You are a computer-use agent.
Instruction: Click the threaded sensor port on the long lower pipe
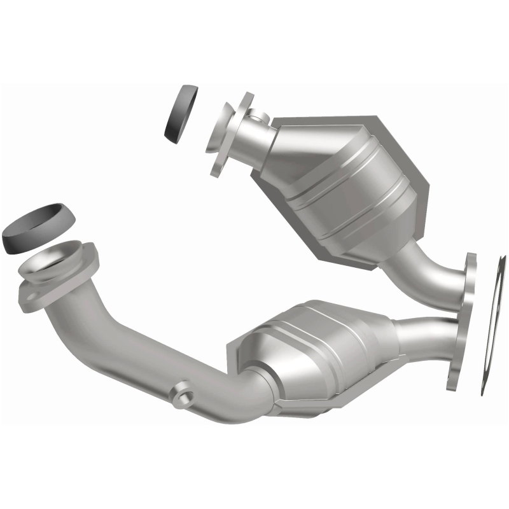[183, 391]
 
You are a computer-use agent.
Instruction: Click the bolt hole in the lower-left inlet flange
[29, 294]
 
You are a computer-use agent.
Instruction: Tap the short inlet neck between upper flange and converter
[261, 137]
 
